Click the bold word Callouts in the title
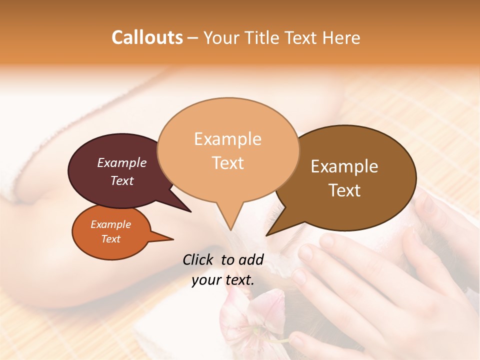[x=147, y=37]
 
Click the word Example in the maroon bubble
[x=122, y=163]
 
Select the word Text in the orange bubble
[x=111, y=239]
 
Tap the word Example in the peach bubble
[x=228, y=139]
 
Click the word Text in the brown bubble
[x=345, y=190]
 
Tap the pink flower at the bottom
[x=250, y=320]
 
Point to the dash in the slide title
[x=193, y=38]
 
